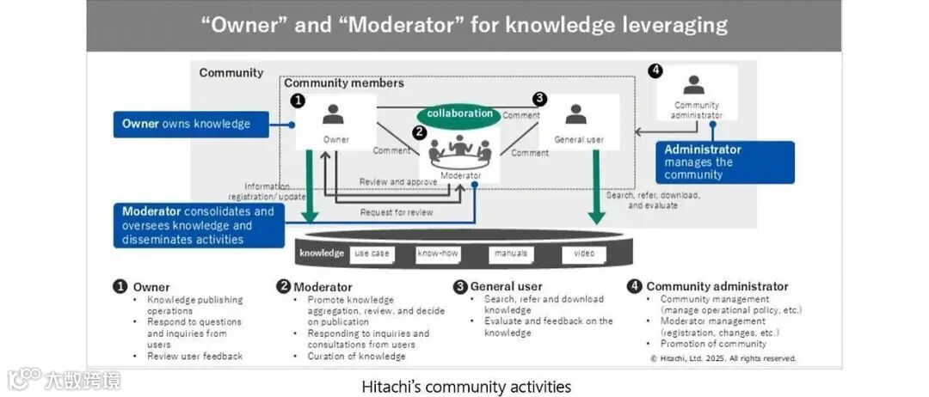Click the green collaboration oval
tap(460, 114)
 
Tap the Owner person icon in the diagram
tap(334, 113)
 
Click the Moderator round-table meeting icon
tap(460, 150)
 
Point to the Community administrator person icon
tap(694, 85)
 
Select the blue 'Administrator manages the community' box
tap(724, 162)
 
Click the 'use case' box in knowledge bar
tap(372, 253)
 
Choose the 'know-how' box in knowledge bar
tap(439, 253)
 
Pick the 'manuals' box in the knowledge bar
tap(511, 253)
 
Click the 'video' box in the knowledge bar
tap(584, 253)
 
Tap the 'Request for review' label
tap(396, 212)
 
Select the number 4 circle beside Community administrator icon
tap(656, 71)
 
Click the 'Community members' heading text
tap(344, 83)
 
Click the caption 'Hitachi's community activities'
tap(466, 387)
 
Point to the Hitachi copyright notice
tap(723, 358)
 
